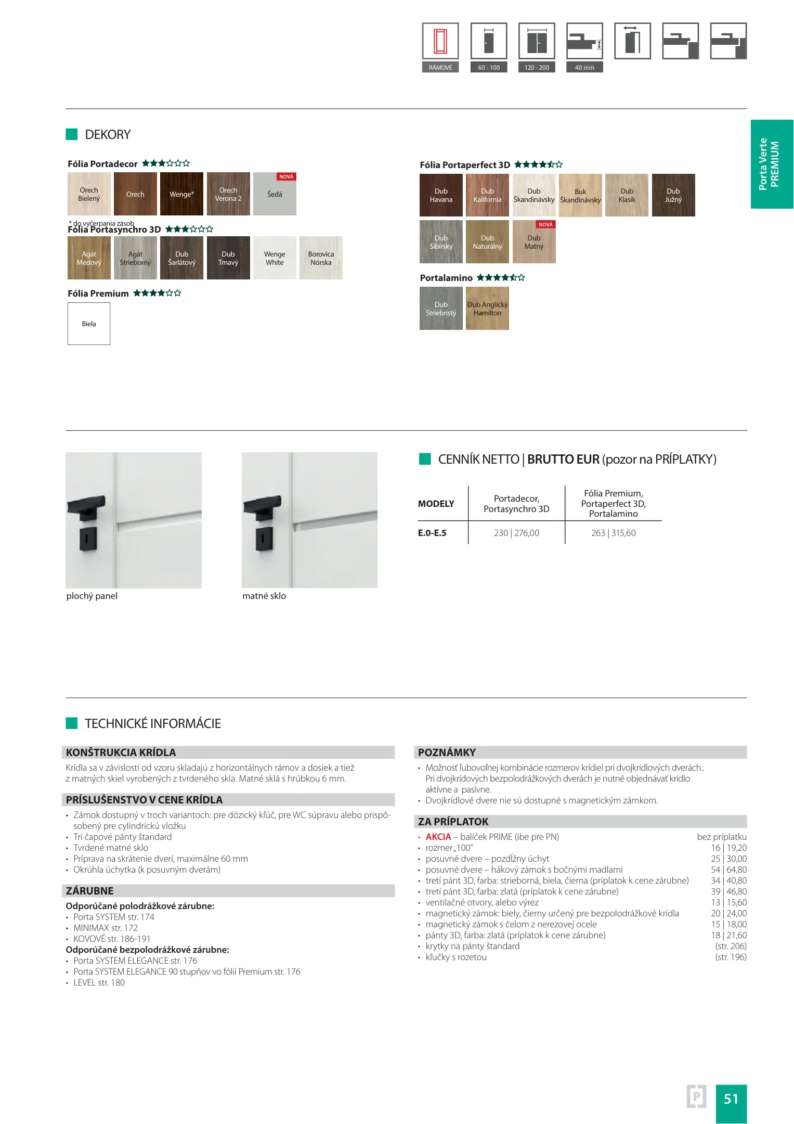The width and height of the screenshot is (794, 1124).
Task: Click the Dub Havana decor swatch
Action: click(x=440, y=195)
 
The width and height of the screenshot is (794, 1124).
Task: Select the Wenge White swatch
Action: click(x=275, y=258)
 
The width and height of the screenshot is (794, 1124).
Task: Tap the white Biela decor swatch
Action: click(x=89, y=324)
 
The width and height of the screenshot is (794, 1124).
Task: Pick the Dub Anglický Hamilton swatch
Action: click(x=487, y=309)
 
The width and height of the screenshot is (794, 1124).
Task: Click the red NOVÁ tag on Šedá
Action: click(x=286, y=177)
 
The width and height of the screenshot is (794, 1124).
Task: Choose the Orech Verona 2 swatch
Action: click(x=228, y=194)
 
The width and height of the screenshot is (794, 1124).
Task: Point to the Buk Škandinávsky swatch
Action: click(x=580, y=196)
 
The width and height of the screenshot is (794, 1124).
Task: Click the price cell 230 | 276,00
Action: click(x=516, y=533)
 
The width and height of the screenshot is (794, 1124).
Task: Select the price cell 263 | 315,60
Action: click(x=613, y=533)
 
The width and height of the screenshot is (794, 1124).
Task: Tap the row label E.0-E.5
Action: click(x=432, y=533)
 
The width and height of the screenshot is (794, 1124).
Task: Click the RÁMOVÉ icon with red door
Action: click(x=440, y=41)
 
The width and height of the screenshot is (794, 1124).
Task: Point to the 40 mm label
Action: click(x=584, y=68)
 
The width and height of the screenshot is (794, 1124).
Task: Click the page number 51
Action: click(x=731, y=1099)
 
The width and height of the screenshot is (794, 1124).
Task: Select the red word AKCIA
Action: click(x=438, y=837)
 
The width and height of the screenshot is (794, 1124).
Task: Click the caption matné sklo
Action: click(x=264, y=596)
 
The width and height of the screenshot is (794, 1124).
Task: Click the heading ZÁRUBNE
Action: click(x=89, y=891)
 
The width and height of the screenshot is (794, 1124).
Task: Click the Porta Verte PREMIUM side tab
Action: click(x=772, y=164)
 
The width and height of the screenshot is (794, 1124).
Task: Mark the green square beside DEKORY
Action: click(x=72, y=134)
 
